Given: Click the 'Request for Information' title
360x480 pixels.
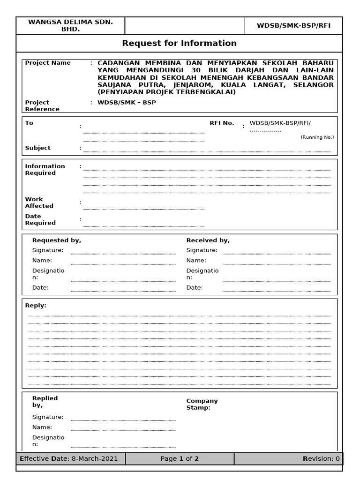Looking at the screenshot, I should [x=179, y=43].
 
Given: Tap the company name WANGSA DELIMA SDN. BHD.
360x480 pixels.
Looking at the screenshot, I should [x=70, y=25].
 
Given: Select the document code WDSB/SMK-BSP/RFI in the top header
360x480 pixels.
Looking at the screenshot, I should [x=293, y=25].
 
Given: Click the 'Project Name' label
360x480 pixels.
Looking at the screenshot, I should [x=48, y=63].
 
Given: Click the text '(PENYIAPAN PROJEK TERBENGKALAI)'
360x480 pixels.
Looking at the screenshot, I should [x=166, y=92].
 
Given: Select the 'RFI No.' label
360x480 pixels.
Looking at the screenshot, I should [x=221, y=123].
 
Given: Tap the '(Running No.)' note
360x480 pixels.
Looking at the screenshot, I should [x=317, y=137].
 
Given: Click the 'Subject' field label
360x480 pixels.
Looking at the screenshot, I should [x=37, y=148].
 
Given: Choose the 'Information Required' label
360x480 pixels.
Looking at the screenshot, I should [x=45, y=169].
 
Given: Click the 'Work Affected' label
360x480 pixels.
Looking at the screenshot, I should [x=39, y=202].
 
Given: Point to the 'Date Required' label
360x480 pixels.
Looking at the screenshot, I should [x=40, y=219].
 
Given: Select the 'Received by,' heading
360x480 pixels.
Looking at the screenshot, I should [x=208, y=240].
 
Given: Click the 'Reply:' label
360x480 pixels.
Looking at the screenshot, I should [x=36, y=305].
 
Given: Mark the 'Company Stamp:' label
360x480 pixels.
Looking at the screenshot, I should [x=202, y=404].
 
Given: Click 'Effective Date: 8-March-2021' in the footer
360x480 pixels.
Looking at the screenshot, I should [x=68, y=458].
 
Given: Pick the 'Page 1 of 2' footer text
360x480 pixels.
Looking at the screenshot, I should [x=180, y=458].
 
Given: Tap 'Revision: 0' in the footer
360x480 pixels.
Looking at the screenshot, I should [x=321, y=458].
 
